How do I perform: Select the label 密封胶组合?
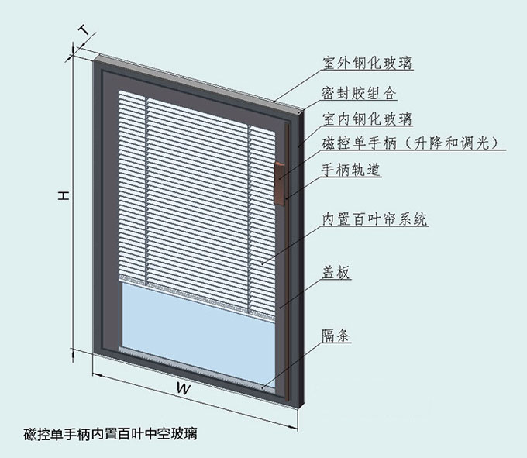click(359, 93)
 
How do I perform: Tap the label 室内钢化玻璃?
click(367, 119)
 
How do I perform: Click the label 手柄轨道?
click(350, 170)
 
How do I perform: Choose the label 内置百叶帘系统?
click(374, 219)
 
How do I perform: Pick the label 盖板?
click(336, 272)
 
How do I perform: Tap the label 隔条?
click(336, 336)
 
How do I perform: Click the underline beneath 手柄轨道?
click(350, 181)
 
